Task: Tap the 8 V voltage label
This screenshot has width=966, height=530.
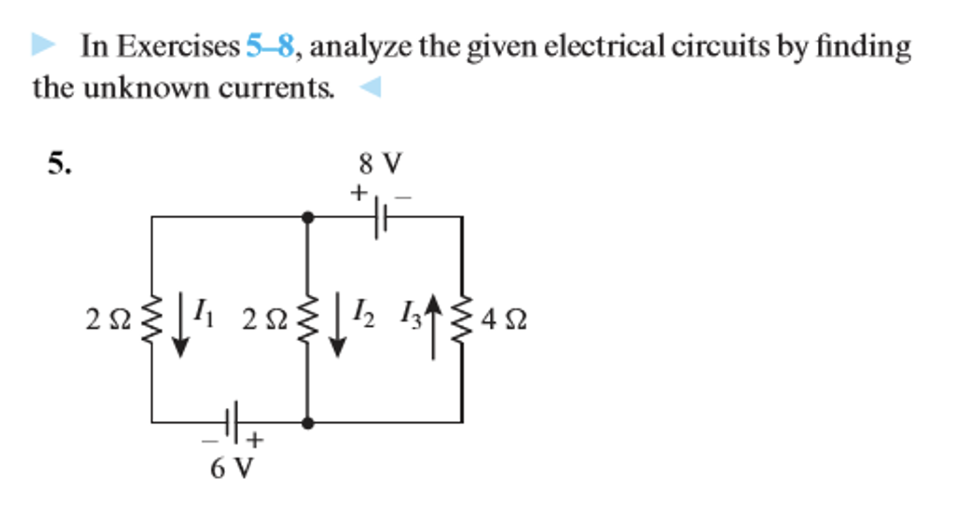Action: click(380, 165)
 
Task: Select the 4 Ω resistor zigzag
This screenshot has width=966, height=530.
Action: click(461, 320)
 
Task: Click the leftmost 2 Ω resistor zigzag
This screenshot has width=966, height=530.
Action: click(152, 320)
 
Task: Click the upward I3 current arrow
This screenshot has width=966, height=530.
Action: click(432, 325)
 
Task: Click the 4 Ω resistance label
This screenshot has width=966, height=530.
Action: click(504, 320)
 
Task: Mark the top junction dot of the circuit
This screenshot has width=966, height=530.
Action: click(308, 217)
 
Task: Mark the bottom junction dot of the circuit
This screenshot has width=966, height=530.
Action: click(308, 423)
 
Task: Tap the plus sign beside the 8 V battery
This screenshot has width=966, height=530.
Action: click(357, 194)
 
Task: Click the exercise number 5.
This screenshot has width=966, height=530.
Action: click(59, 165)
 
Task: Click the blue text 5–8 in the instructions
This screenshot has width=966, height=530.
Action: click(270, 47)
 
